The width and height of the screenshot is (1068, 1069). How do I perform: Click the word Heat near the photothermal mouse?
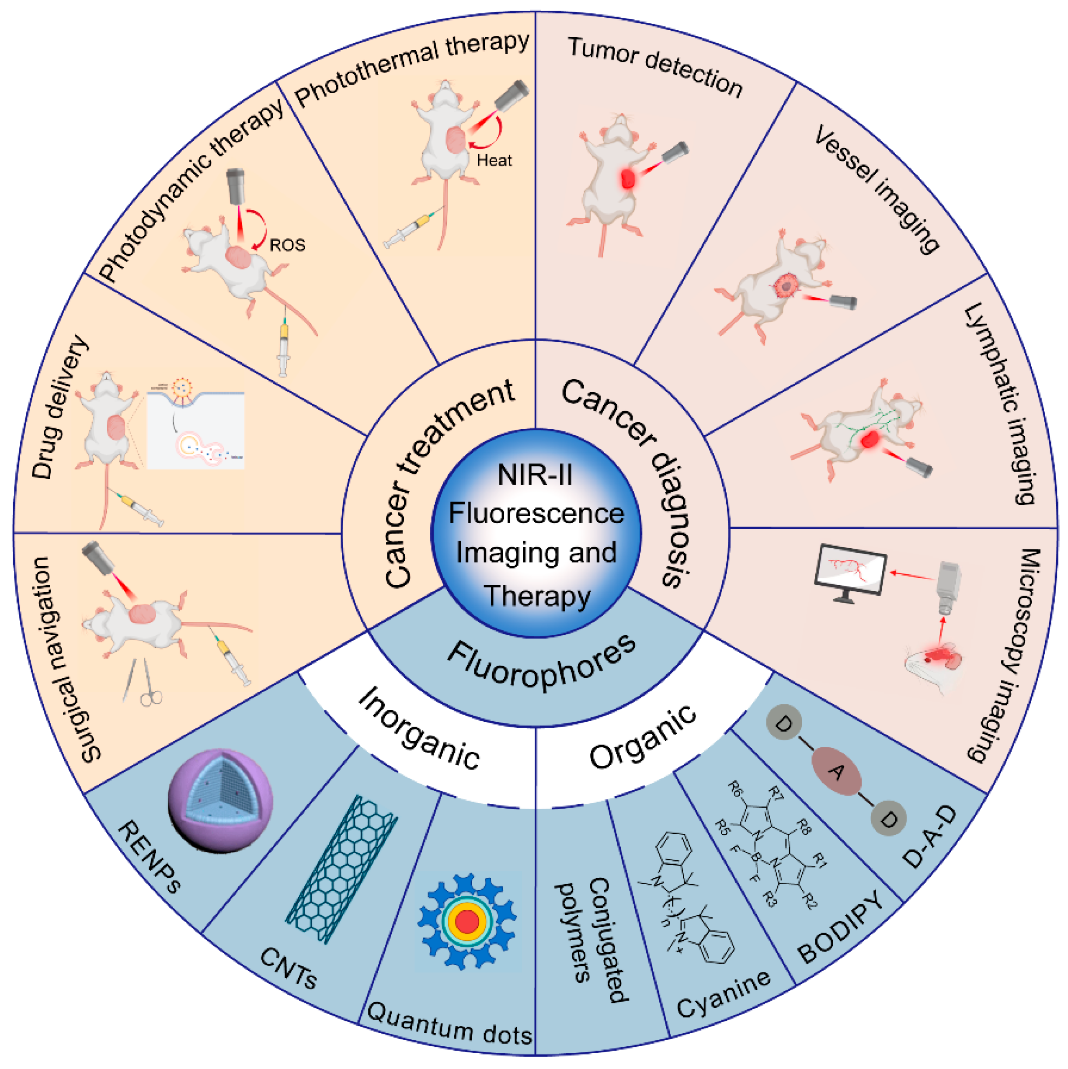(x=494, y=161)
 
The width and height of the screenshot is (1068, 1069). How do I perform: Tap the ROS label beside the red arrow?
(x=287, y=245)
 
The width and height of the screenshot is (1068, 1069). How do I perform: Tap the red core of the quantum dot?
(x=468, y=922)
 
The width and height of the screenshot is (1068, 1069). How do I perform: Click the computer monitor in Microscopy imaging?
(x=849, y=571)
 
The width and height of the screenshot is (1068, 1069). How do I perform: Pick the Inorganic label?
(x=419, y=729)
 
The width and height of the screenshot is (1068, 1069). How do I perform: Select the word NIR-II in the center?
(x=535, y=475)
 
